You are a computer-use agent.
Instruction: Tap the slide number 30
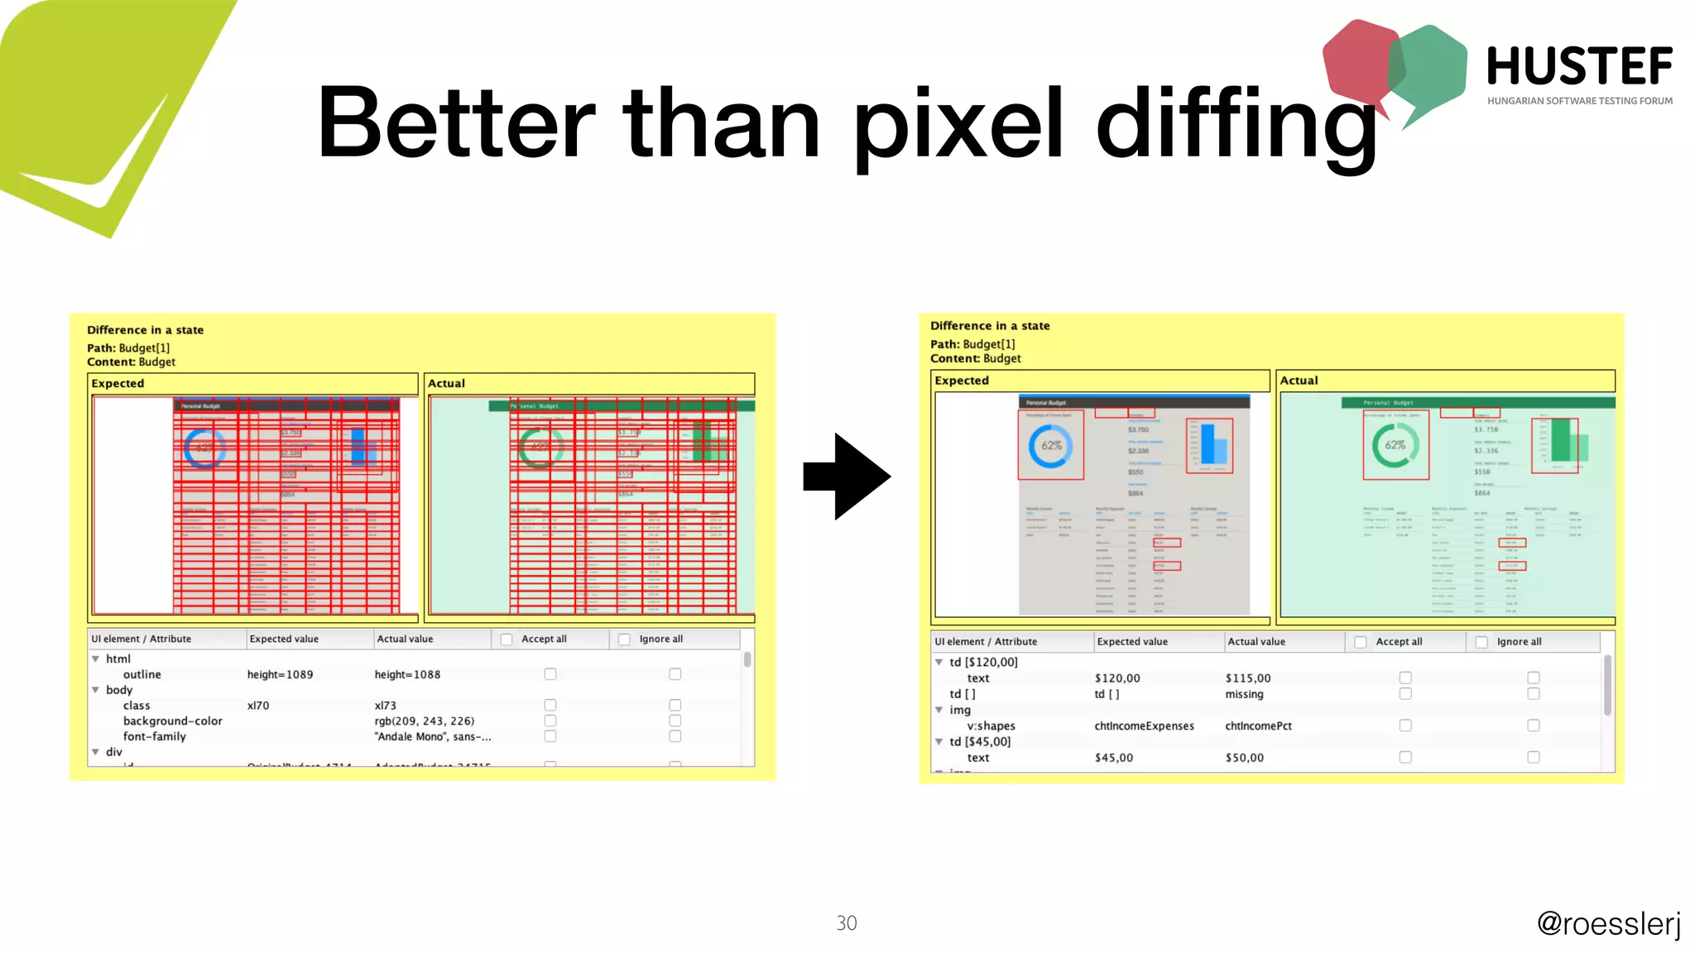[x=846, y=923]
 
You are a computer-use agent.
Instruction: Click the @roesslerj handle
[x=1608, y=923]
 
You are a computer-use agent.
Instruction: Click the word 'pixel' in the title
[x=958, y=124]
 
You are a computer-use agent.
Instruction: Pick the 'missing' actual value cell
[x=1244, y=694]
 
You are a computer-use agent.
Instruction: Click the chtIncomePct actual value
[x=1258, y=726]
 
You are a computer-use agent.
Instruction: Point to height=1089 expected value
[x=280, y=675]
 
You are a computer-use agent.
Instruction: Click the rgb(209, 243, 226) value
[x=424, y=721]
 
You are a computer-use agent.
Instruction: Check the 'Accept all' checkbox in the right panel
[x=1360, y=642]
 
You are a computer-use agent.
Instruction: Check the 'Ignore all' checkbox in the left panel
[x=625, y=639]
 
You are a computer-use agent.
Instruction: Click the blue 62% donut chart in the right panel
[x=1050, y=446]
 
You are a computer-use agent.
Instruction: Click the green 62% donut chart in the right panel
[x=1395, y=446]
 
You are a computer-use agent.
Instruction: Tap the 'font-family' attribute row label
[x=154, y=737]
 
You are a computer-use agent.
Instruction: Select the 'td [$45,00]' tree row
[x=979, y=742]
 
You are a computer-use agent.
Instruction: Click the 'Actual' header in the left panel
[x=446, y=384]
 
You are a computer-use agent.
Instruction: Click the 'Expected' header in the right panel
[x=962, y=381]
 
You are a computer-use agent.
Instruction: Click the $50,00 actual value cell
[x=1244, y=758]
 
